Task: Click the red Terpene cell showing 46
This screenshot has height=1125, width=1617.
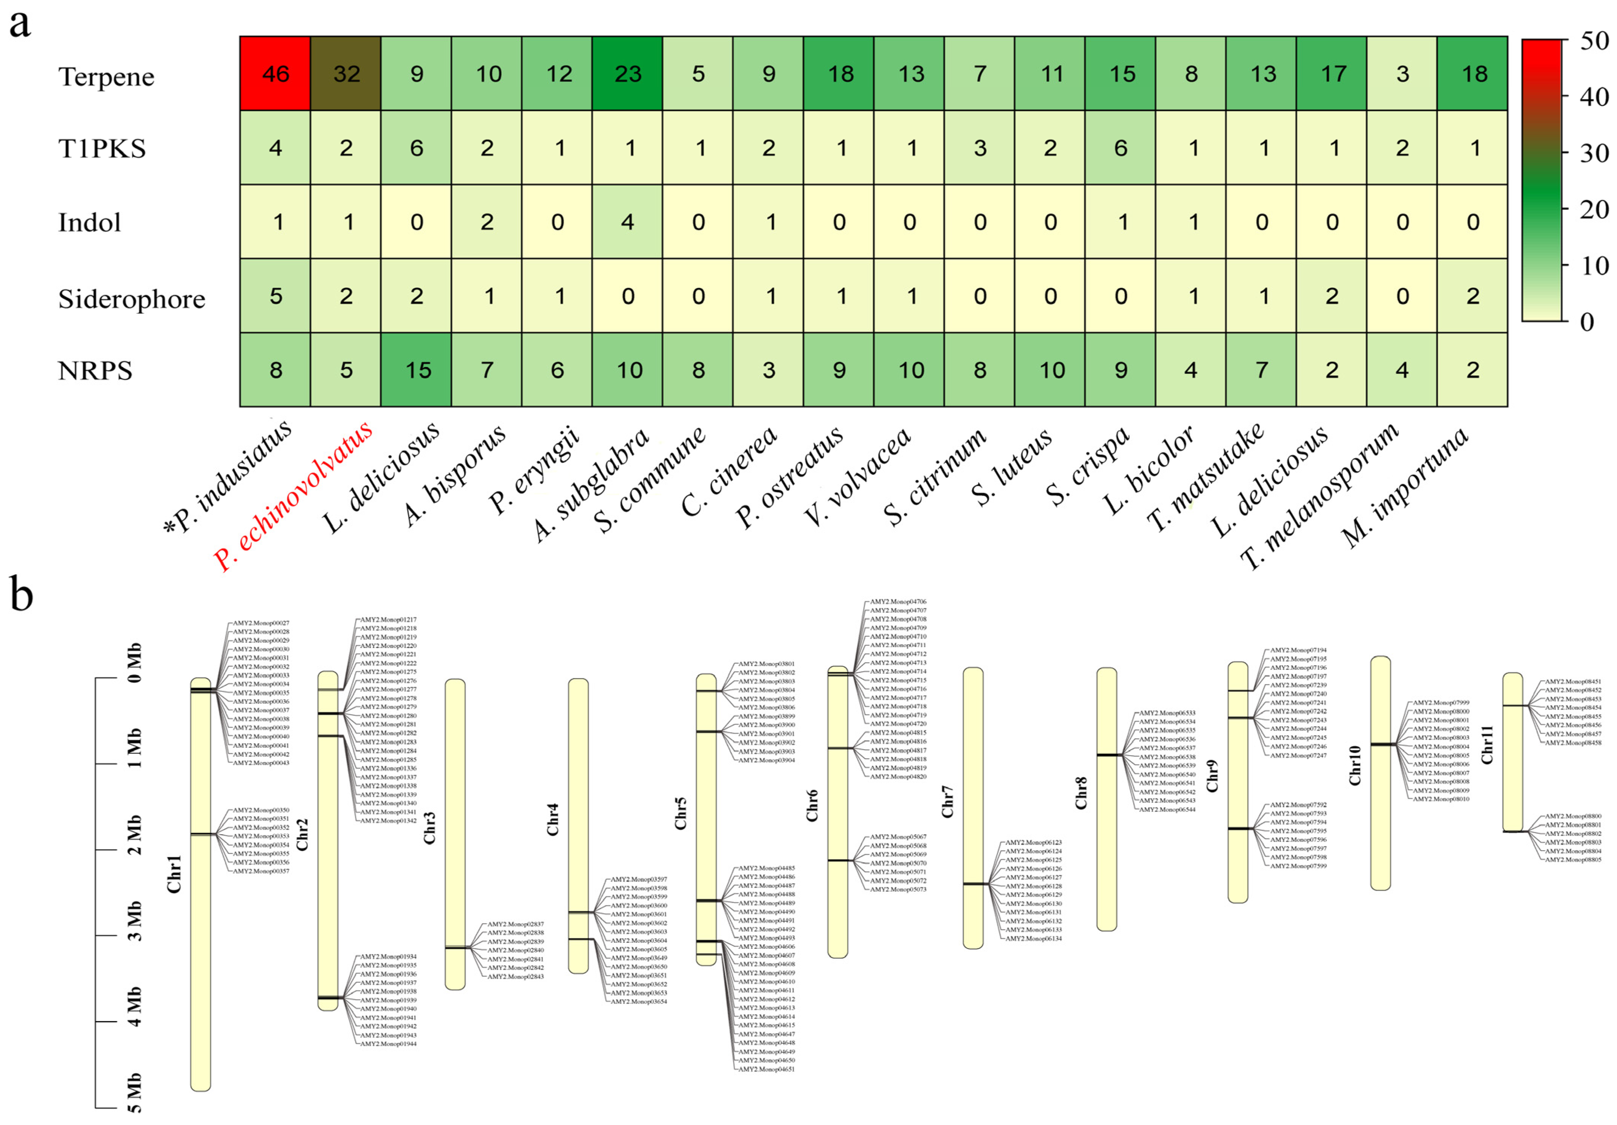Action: click(x=275, y=74)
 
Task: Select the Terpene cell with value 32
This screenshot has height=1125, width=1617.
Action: click(x=346, y=74)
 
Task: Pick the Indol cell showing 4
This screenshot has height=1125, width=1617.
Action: click(x=628, y=222)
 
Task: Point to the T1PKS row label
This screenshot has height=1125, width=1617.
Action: click(x=102, y=149)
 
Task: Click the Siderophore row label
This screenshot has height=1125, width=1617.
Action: click(x=132, y=299)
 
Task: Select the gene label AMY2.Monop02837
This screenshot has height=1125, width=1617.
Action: click(x=516, y=924)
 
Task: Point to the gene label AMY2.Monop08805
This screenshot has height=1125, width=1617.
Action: click(x=1574, y=860)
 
